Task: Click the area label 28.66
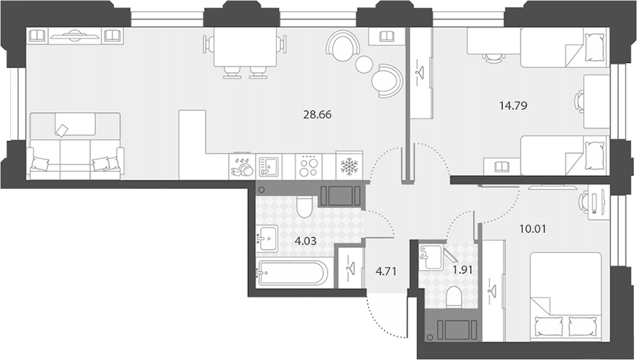(317, 115)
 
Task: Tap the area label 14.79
(513, 106)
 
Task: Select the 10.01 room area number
(533, 229)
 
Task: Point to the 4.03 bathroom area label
(305, 241)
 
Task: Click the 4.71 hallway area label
(386, 271)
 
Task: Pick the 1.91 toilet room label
(462, 270)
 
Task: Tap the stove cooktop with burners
(308, 166)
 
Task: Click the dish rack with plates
(242, 166)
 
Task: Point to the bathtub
(292, 273)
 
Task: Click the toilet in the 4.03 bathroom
(304, 206)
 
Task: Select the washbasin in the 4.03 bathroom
(266, 239)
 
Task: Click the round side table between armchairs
(363, 64)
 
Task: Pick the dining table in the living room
(245, 47)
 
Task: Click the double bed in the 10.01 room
(566, 296)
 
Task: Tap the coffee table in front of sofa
(75, 124)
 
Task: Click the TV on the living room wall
(74, 36)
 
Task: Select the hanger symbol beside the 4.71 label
(350, 268)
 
